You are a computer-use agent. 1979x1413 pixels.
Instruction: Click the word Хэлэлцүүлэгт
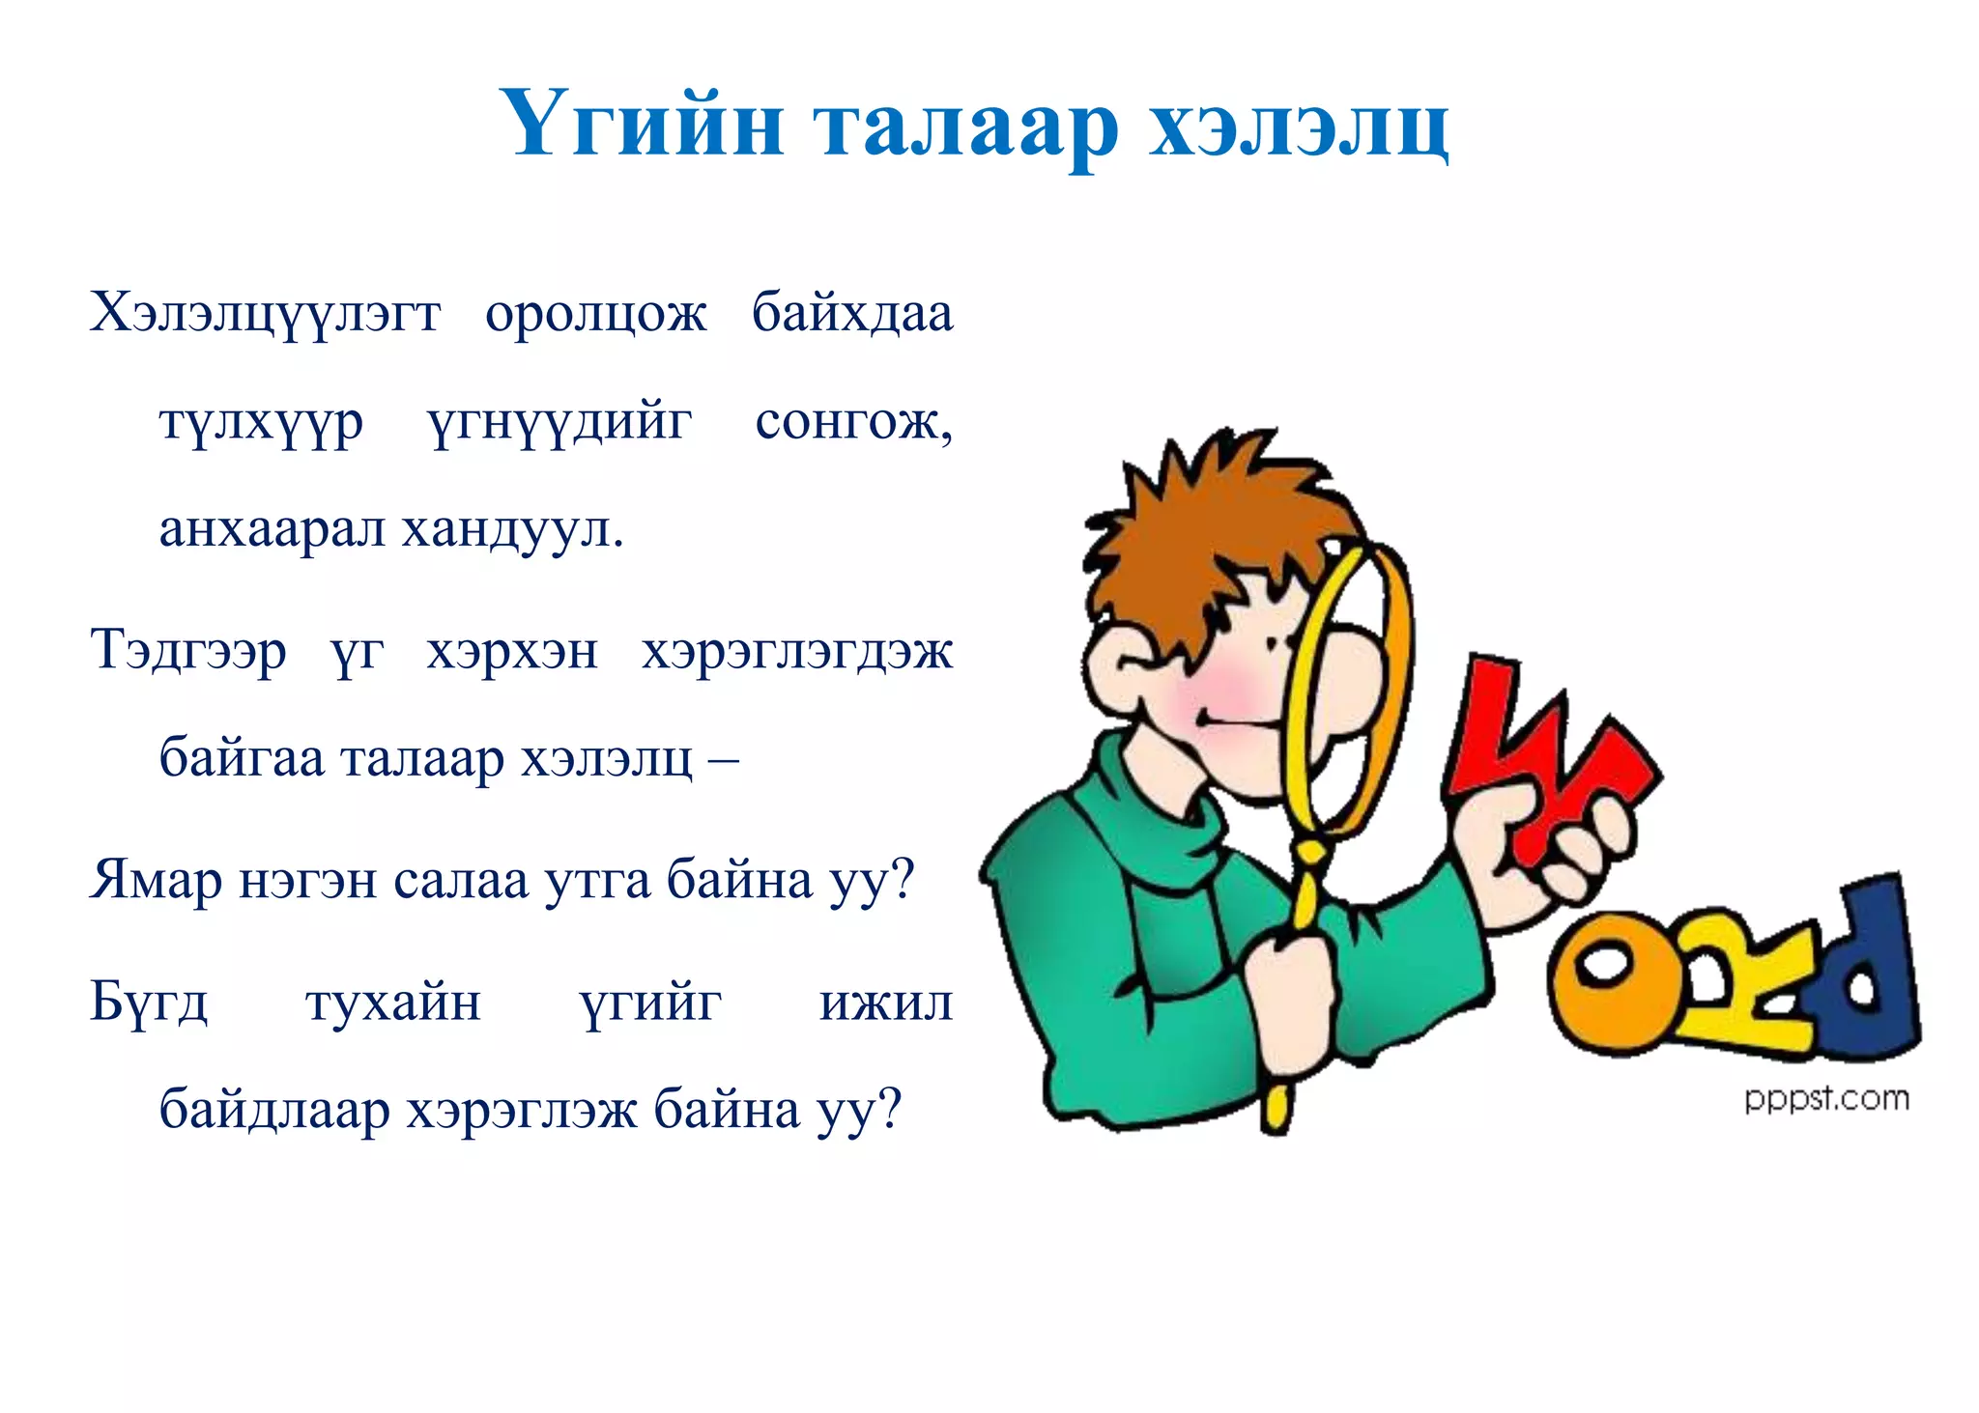(266, 313)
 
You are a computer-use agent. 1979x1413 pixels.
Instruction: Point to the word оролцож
(596, 315)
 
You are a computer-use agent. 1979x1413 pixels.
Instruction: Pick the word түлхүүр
(262, 423)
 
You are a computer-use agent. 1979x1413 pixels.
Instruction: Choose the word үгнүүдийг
(559, 423)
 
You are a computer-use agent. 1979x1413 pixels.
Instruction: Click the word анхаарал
(272, 528)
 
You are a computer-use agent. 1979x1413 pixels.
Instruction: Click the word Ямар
(156, 880)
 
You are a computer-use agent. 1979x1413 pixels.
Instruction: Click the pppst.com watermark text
(1826, 1099)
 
